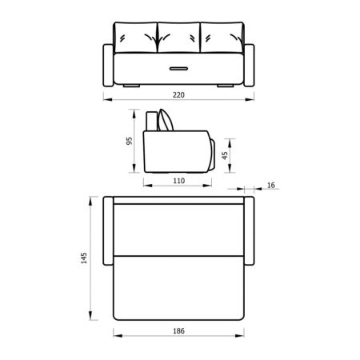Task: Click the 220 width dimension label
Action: (178, 95)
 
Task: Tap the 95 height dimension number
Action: (129, 141)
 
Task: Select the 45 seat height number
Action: (225, 155)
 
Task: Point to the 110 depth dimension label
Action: (178, 181)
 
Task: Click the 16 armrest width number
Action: (270, 185)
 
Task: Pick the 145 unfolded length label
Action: (84, 258)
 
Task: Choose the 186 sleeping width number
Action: (178, 331)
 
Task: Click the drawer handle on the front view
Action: (178, 69)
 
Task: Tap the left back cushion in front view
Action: (136, 38)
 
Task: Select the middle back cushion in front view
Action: (178, 38)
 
